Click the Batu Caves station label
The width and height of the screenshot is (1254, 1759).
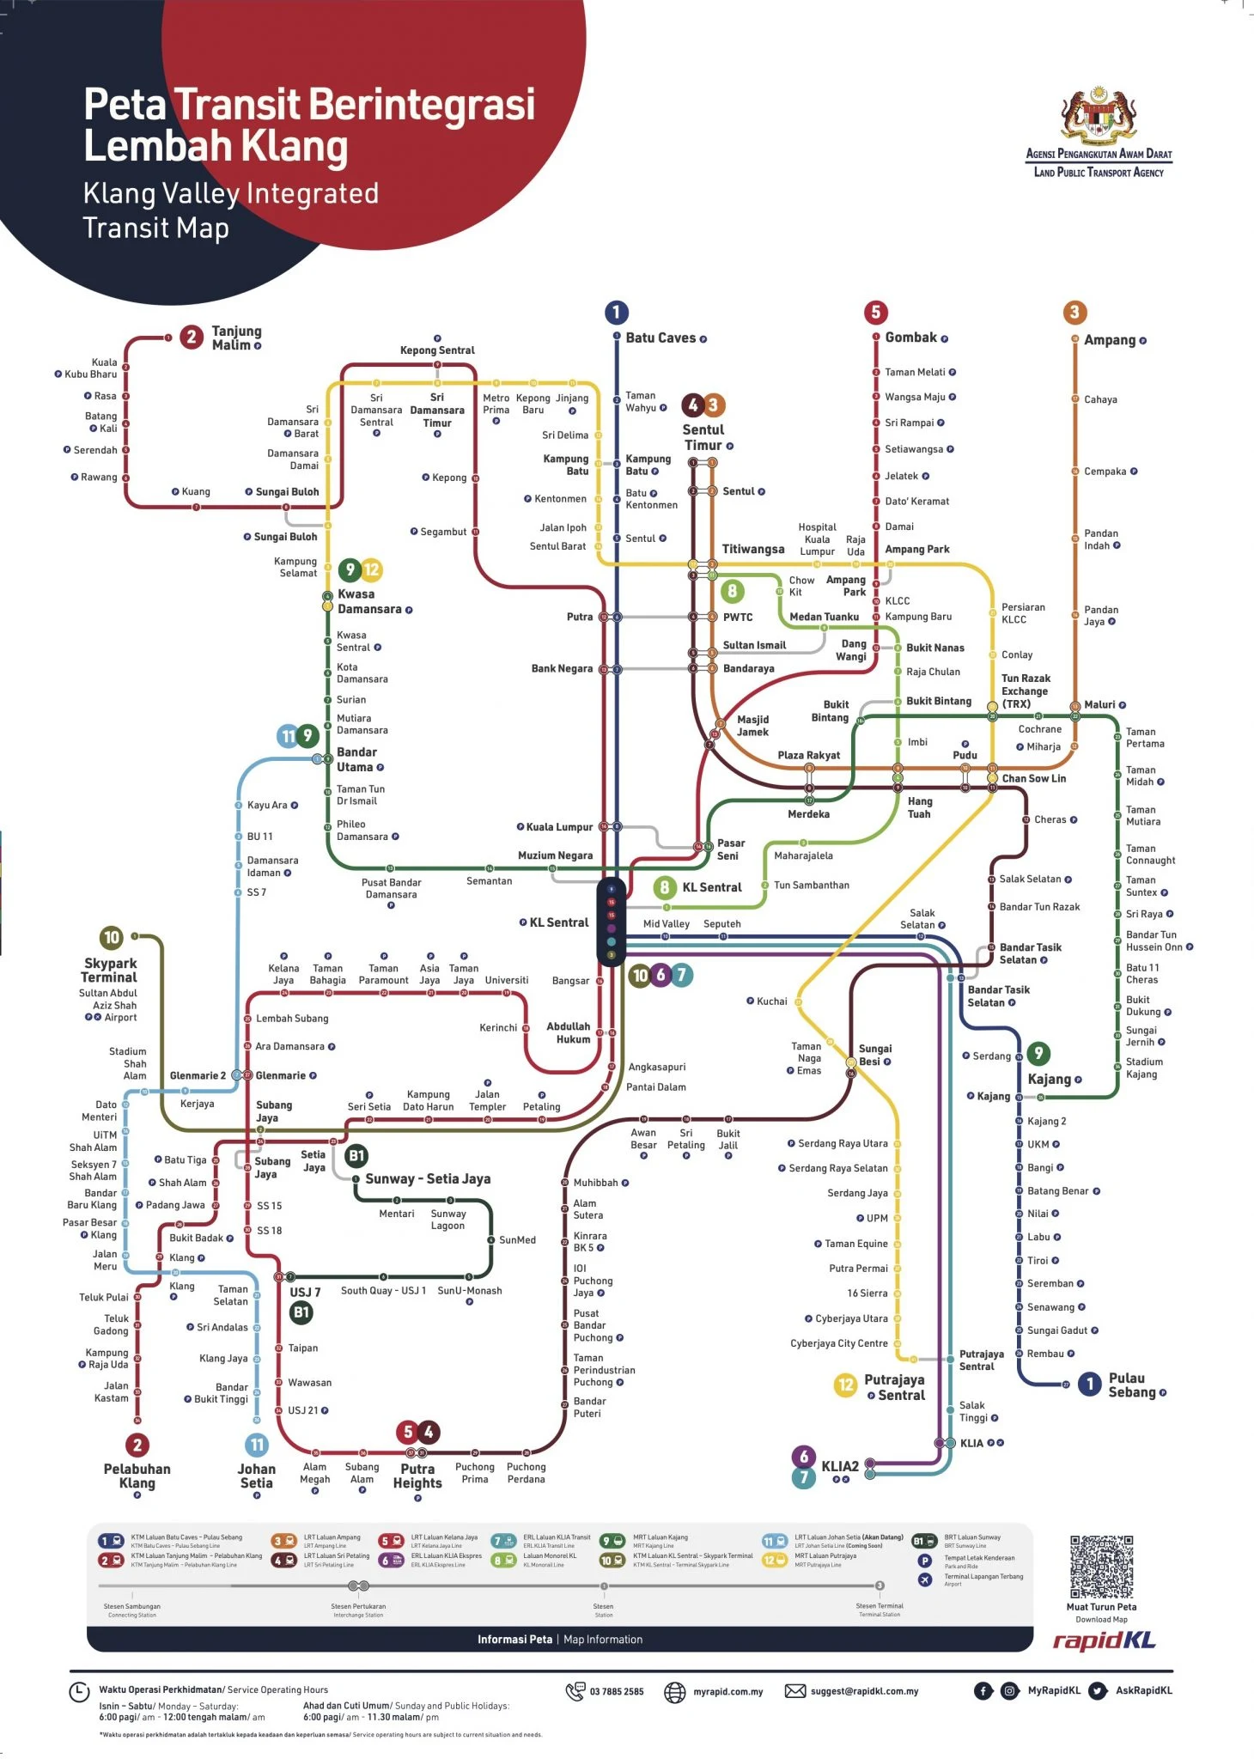pyautogui.click(x=660, y=338)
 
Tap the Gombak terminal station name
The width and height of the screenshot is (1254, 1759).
pyautogui.click(x=910, y=338)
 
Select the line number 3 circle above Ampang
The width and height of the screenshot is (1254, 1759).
pyautogui.click(x=1074, y=313)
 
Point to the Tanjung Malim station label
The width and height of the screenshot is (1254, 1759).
pyautogui.click(x=236, y=338)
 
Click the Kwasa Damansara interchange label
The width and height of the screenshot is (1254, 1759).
pyautogui.click(x=369, y=601)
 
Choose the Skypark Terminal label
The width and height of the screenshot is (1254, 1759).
pyautogui.click(x=109, y=970)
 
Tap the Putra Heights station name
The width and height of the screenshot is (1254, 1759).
pyautogui.click(x=417, y=1476)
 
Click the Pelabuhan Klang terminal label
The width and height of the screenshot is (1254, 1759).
pyautogui.click(x=137, y=1476)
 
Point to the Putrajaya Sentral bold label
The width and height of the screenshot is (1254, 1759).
pyautogui.click(x=894, y=1387)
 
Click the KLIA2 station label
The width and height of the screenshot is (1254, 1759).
pyautogui.click(x=839, y=1466)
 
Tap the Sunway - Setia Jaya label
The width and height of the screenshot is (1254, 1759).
pyautogui.click(x=428, y=1179)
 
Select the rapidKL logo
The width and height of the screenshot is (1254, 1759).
pyautogui.click(x=1104, y=1640)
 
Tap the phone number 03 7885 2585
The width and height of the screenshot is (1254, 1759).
pyautogui.click(x=616, y=1691)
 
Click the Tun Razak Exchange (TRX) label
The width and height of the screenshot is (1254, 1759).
pyautogui.click(x=1026, y=691)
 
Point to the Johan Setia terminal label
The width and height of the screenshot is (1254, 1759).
pyautogui.click(x=257, y=1476)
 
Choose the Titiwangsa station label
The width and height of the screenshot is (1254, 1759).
pyautogui.click(x=752, y=549)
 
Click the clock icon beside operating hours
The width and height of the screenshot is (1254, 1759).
pyautogui.click(x=79, y=1692)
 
